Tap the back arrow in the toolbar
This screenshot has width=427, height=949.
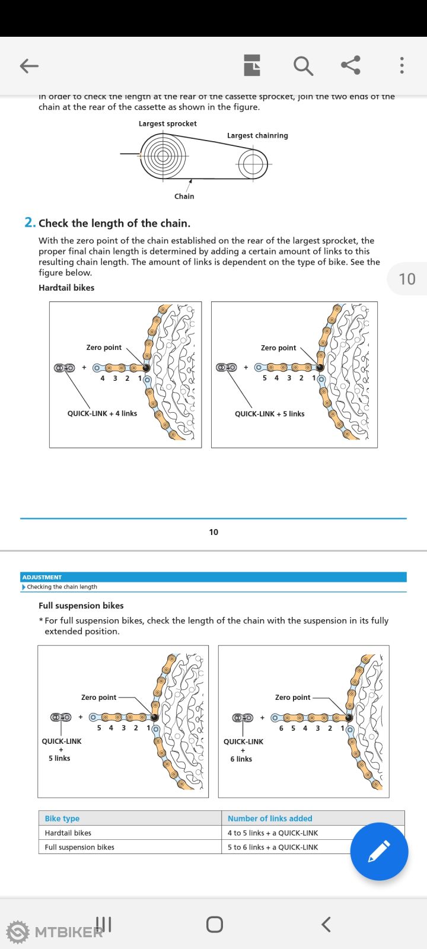[29, 66]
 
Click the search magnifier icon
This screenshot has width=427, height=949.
[303, 66]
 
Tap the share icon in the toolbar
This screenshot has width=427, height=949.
[350, 65]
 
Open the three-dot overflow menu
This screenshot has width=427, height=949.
[401, 65]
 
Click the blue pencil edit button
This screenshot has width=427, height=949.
[379, 851]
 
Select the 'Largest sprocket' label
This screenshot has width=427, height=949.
[167, 124]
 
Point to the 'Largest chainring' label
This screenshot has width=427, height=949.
[257, 136]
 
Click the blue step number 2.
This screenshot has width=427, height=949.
[30, 222]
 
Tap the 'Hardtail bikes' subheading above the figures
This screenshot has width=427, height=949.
[66, 288]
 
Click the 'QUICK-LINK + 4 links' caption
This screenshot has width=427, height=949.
[102, 413]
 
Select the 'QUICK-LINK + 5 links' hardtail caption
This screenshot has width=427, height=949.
[269, 414]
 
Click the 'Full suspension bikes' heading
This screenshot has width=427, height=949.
[81, 606]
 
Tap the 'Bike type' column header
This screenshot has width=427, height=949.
[62, 819]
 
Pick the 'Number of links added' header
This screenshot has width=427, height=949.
[270, 819]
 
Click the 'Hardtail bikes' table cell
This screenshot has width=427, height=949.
[68, 833]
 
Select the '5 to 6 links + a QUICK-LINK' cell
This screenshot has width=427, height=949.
[273, 847]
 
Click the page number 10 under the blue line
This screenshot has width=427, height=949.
[213, 532]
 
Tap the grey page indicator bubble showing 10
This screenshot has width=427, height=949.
[407, 279]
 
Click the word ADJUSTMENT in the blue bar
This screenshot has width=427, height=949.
[42, 577]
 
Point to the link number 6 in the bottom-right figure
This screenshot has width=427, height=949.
[281, 728]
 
